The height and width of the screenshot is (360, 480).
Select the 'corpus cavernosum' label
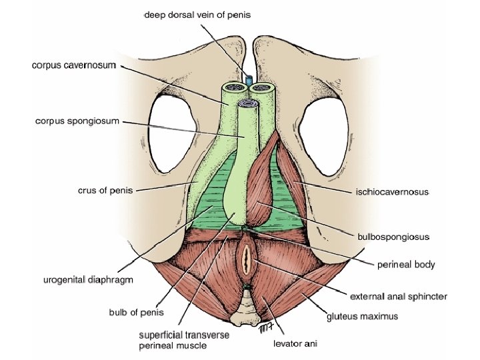point(74,65)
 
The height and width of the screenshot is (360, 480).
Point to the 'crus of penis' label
point(105,191)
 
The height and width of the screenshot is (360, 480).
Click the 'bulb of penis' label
point(136,311)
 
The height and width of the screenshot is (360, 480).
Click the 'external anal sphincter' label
point(399,295)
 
